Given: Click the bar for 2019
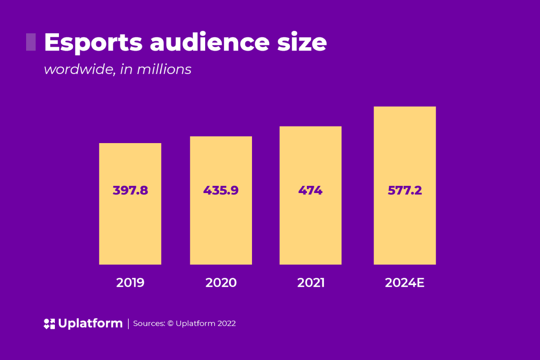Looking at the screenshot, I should (x=130, y=225).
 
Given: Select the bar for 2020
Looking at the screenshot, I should (x=221, y=225).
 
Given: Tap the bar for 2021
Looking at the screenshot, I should (x=310, y=225).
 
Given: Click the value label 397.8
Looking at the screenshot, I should (x=130, y=190).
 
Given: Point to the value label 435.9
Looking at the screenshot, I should (x=221, y=190).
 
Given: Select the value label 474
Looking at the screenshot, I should (x=310, y=190).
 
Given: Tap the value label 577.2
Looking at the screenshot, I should (x=405, y=190).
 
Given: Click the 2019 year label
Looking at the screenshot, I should (x=130, y=283).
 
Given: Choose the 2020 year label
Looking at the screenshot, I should (x=221, y=283).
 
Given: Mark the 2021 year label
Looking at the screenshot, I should (x=310, y=283).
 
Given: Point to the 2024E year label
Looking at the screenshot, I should (x=405, y=283).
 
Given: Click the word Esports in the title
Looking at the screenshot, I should (x=93, y=43).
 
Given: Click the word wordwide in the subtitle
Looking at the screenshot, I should (x=77, y=70).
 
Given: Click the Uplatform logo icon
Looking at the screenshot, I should (x=49, y=324).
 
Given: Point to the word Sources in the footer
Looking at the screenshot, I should (x=147, y=324).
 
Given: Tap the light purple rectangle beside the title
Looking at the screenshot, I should (x=31, y=42).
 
